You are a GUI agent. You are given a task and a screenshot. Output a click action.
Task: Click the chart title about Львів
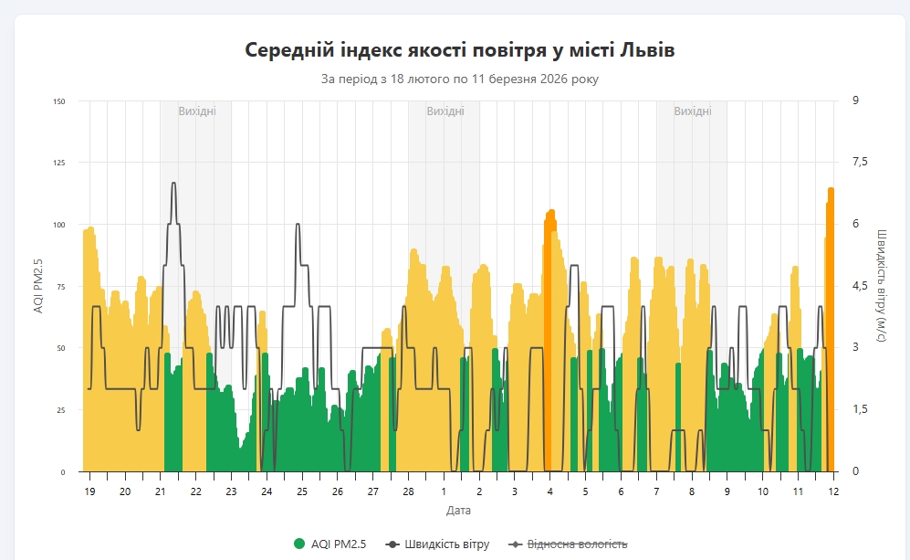pos(460,49)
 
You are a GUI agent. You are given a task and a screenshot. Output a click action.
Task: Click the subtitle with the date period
pos(460,79)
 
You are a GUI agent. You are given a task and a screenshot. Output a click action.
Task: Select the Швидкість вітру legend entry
pos(438,544)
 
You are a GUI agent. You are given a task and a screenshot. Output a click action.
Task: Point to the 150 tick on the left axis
pos(59,101)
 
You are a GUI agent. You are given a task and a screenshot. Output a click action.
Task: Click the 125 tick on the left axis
pos(59,163)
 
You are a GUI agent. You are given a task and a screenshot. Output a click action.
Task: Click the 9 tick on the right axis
pos(854,101)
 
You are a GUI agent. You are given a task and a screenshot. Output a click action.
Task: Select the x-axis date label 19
pos(89,491)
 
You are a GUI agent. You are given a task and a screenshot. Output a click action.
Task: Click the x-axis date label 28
pos(408,491)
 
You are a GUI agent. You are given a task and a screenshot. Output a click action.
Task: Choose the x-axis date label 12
pos(833,491)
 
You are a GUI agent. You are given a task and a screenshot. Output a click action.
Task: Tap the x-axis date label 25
pos(302,491)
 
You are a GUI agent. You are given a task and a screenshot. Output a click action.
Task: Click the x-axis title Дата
pos(459,510)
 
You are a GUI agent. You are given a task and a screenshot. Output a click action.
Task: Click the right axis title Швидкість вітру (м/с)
pos(882,286)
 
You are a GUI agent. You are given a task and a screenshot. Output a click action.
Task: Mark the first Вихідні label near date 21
pos(197,111)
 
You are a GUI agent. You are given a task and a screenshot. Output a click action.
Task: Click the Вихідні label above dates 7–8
pos(693,111)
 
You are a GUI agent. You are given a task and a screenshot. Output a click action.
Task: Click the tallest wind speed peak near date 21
pos(173,184)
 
